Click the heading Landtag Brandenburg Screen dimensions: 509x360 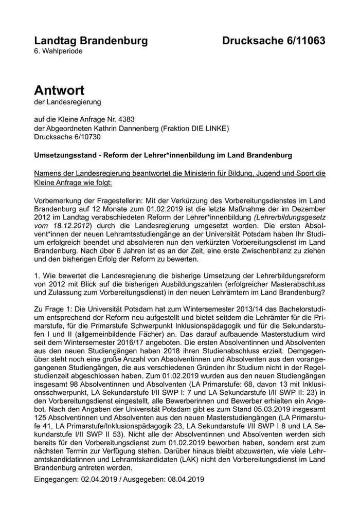coord(91,41)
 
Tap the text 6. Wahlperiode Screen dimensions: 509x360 coord(58,51)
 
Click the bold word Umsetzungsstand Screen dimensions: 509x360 coord(65,155)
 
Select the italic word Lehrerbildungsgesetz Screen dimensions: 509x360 coord(293,218)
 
